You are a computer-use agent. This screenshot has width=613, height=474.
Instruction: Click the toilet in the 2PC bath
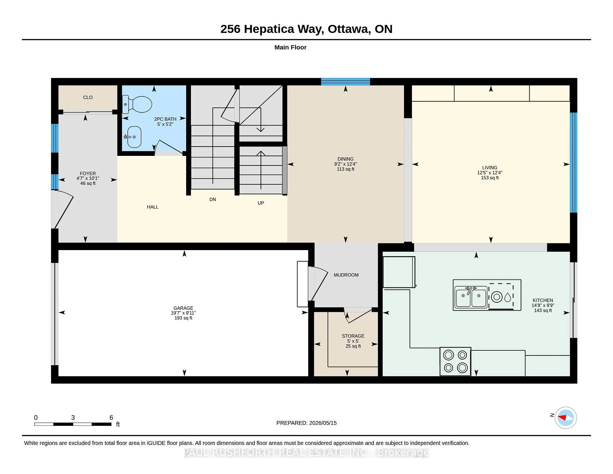(x=137, y=104)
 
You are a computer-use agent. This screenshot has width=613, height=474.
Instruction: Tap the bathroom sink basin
(x=134, y=137)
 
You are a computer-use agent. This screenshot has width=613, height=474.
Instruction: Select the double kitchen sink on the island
(x=471, y=297)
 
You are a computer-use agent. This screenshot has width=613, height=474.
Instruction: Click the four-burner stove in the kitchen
(x=455, y=361)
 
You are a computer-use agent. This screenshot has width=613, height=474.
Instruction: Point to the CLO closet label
(x=88, y=97)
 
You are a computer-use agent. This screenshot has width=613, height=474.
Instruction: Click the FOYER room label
(x=88, y=173)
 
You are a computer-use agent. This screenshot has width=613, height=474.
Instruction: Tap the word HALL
(x=153, y=207)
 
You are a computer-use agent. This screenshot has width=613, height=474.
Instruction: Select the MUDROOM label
(x=346, y=275)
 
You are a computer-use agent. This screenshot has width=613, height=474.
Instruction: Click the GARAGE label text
(x=183, y=308)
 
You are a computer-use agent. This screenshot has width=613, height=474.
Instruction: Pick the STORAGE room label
(x=353, y=336)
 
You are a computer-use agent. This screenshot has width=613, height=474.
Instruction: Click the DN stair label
(x=213, y=199)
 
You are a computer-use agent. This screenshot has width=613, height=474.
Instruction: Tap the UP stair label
(x=261, y=203)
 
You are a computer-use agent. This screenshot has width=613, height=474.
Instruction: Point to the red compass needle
(x=562, y=417)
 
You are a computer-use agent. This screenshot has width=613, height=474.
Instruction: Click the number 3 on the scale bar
(x=73, y=417)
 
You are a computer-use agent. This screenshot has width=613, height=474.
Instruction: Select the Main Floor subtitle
(x=291, y=47)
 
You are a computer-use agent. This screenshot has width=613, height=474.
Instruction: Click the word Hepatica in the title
(x=269, y=29)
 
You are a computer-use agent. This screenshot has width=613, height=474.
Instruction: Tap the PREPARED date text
(x=306, y=423)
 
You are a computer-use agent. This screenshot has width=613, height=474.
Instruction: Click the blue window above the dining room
(x=345, y=82)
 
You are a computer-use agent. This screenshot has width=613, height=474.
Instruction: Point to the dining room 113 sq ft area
(x=345, y=169)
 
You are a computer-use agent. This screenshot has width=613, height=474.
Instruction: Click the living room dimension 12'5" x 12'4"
(x=490, y=172)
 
